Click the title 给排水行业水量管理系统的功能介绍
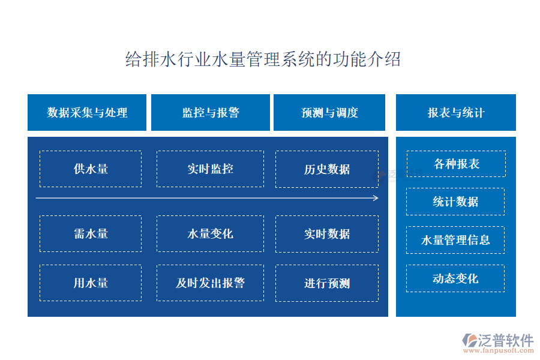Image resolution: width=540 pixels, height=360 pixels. tap(263, 59)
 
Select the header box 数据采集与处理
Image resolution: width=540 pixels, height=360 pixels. tap(87, 112)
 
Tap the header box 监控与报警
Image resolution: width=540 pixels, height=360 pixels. tap(211, 112)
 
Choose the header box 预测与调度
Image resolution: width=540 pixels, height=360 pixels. tap(329, 112)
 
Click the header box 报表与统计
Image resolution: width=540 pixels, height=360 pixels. tap(456, 112)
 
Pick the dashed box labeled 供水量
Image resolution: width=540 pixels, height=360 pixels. tap(91, 169)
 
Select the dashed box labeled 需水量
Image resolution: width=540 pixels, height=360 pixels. tap(91, 233)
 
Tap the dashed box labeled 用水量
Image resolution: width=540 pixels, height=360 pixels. tap(91, 283)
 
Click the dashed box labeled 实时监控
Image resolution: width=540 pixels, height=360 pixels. tap(211, 169)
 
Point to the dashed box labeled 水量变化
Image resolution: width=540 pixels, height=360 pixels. tap(211, 233)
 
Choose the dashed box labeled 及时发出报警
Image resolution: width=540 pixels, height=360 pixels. tap(211, 283)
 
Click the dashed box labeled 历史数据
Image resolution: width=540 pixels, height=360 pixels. tap(327, 169)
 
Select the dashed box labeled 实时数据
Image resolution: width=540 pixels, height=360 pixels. tap(327, 234)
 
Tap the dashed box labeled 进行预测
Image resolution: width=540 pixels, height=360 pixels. tap(327, 283)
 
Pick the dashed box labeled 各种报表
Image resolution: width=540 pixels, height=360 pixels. tap(457, 164)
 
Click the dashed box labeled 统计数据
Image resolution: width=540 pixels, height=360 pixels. tap(455, 202)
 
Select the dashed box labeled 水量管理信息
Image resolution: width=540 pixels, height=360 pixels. tap(455, 240)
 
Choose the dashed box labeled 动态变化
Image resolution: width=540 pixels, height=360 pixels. tap(455, 278)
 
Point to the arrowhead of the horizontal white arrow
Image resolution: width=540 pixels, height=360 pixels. tap(376, 198)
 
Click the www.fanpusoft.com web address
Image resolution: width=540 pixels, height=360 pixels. tap(499, 350)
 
